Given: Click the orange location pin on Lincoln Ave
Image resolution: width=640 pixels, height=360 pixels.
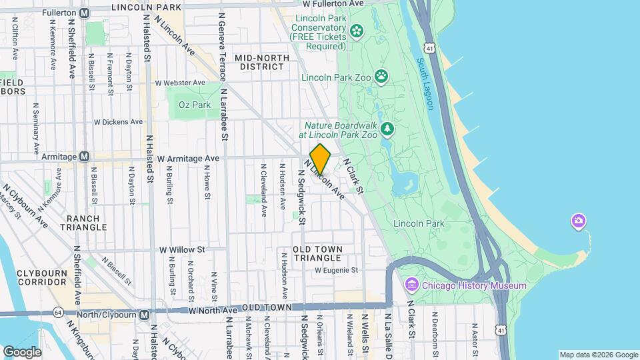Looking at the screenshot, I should [320, 159].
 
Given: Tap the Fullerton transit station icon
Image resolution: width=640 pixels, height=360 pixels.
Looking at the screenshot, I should [85, 13].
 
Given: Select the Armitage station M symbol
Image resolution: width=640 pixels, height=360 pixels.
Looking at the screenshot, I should [85, 157].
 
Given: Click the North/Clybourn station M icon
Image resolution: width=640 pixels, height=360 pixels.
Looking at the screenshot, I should [144, 315].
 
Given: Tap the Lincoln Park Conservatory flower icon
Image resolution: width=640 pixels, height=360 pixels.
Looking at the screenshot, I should [357, 30].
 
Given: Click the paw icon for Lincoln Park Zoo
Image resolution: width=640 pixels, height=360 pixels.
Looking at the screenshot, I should [381, 76].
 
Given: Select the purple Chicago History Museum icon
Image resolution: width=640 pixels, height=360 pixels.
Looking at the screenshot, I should [411, 286].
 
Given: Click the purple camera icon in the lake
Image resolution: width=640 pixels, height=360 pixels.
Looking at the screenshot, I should [578, 221].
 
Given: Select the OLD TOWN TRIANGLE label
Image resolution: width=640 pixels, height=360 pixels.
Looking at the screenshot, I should [318, 253].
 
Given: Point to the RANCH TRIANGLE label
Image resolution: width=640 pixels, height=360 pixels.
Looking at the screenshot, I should [83, 223].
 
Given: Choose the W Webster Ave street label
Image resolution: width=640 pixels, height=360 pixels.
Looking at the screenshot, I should [180, 83].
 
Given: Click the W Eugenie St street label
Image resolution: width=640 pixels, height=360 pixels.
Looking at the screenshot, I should [337, 270].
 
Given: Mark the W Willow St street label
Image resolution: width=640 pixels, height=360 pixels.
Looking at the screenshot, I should [181, 250].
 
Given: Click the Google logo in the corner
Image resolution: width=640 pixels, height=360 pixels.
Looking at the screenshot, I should [22, 351].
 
